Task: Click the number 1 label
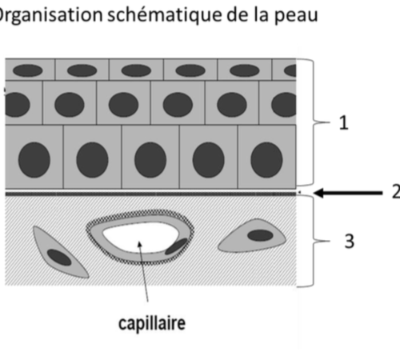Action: [x=344, y=123]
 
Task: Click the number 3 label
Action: [x=350, y=242]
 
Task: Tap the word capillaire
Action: [x=152, y=323]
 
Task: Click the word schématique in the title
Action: [x=165, y=15]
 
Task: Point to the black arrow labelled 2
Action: [x=348, y=193]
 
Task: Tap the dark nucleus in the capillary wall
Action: [x=176, y=246]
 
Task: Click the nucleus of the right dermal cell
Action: [x=260, y=235]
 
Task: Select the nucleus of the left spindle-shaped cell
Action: [x=59, y=258]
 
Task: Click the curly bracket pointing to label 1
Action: [x=314, y=122]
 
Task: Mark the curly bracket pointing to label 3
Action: [x=314, y=241]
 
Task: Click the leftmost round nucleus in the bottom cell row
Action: [x=34, y=160]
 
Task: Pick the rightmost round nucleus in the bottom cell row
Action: [x=266, y=160]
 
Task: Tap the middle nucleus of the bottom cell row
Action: [x=150, y=160]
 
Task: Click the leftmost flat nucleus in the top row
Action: [x=28, y=70]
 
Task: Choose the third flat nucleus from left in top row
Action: [x=136, y=70]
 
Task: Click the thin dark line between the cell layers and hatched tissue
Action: [x=150, y=194]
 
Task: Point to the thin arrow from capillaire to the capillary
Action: [x=143, y=271]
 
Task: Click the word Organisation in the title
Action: [x=50, y=15]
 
